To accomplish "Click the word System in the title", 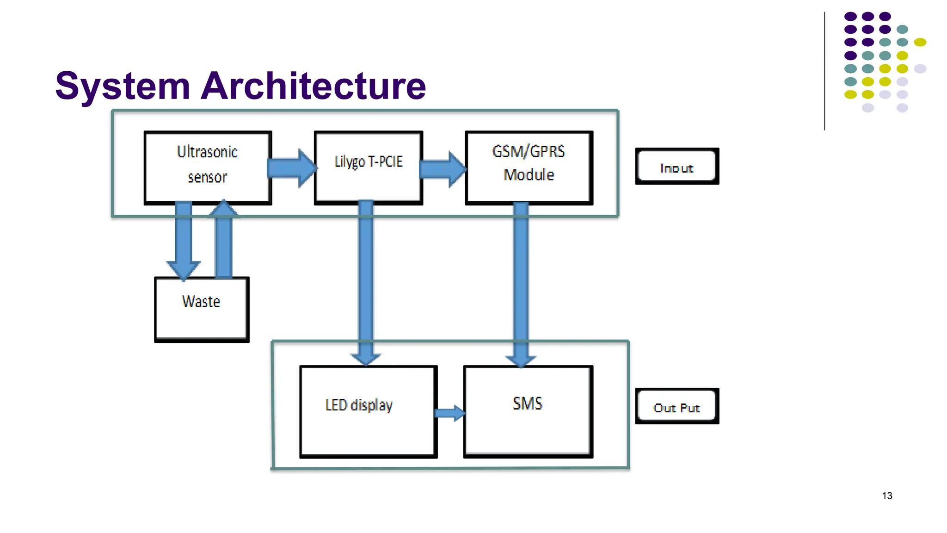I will coord(123,87).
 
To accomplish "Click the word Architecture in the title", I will coord(313,87).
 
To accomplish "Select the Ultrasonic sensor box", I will coord(208,167).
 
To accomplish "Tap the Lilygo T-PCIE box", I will coord(368,167).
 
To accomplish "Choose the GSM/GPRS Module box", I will coord(529,167).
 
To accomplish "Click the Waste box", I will coord(202,309).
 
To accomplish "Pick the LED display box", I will coord(368,411).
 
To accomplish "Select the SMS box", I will coord(528,411).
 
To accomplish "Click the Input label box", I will coord(676,166).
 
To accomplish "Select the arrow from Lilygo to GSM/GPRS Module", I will coord(442,169).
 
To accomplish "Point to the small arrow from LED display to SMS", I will coord(450,413).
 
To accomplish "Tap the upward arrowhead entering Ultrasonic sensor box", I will coord(224,209).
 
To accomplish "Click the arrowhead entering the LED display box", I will coord(366,359).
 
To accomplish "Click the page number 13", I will coord(887,496).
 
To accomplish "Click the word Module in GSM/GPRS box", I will coord(529,175).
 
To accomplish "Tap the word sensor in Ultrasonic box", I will coord(208,177).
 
